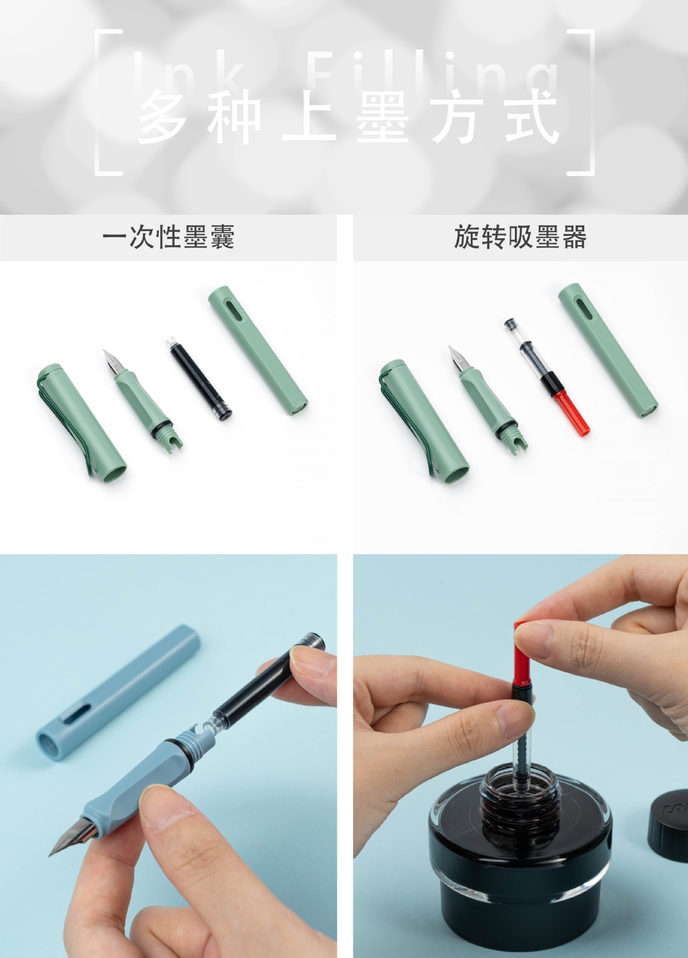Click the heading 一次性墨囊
168,237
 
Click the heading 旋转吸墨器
520,237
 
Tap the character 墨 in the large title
383,119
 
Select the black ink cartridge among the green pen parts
198,379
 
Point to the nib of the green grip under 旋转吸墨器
457,358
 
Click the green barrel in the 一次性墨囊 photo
257,351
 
